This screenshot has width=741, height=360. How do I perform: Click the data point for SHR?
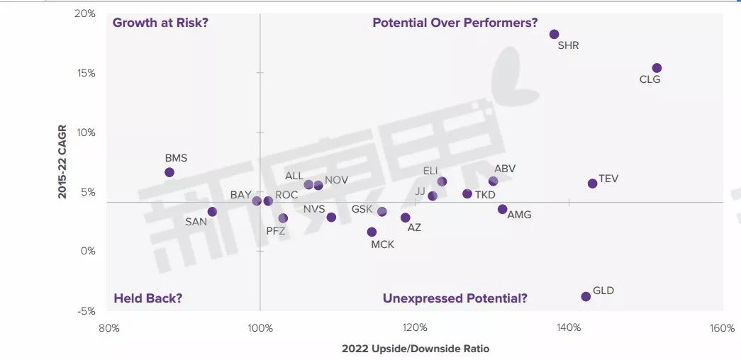click(554, 34)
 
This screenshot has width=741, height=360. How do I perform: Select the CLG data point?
click(657, 68)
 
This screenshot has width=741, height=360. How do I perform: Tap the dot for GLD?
click(586, 296)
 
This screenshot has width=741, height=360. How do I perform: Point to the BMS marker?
click(169, 172)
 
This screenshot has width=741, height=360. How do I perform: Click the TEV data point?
click(592, 184)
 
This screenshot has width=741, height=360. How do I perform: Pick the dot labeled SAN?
click(212, 212)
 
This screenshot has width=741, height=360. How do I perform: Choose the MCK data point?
click(372, 232)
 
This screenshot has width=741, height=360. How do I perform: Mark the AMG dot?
click(502, 209)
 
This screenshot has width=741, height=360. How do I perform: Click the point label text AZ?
click(414, 227)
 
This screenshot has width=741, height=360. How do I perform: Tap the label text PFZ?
click(276, 230)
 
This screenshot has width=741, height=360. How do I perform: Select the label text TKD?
click(485, 195)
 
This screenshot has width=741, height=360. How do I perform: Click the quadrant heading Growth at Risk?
click(160, 23)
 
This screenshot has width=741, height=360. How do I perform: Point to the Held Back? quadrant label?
click(148, 298)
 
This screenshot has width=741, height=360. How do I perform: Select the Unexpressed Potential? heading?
click(455, 298)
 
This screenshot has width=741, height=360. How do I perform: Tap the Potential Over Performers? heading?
click(455, 23)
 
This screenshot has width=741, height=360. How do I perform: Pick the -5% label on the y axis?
click(85, 310)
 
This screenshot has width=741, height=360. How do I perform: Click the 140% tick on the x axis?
click(569, 328)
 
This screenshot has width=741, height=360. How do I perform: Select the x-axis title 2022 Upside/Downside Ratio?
click(416, 349)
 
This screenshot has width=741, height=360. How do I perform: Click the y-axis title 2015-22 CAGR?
click(62, 162)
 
